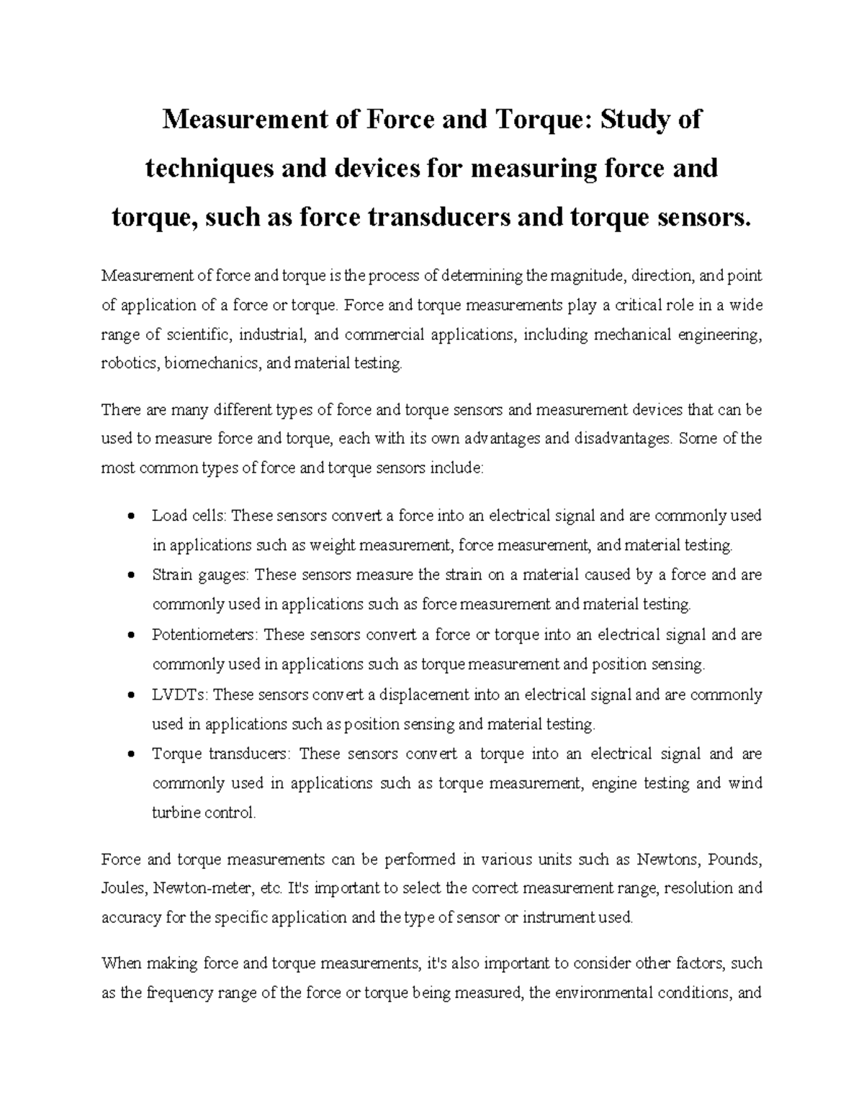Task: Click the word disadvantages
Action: coord(620,439)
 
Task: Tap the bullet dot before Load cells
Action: coord(130,517)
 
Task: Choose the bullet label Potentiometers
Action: coord(204,635)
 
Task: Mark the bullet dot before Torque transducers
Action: coord(130,754)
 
